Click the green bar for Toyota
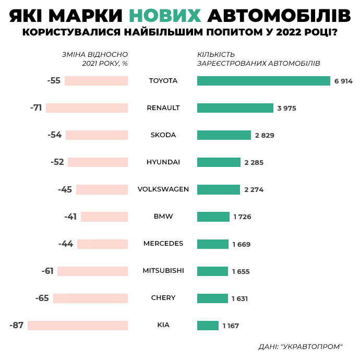(263, 81)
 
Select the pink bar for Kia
(78, 326)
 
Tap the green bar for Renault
(235, 108)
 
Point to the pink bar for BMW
(104, 217)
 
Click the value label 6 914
(344, 81)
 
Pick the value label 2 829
(265, 136)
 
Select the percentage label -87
(17, 326)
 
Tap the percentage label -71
(36, 108)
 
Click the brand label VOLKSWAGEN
(163, 189)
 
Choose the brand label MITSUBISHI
(163, 271)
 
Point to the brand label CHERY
(163, 298)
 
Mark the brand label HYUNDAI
(163, 162)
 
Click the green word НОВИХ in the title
(165, 16)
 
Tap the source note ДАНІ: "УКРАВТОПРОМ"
(301, 346)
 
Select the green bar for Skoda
(224, 135)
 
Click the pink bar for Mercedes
(102, 244)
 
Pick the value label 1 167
(231, 326)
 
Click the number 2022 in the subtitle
(286, 32)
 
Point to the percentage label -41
(70, 217)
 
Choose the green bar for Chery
(212, 298)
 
